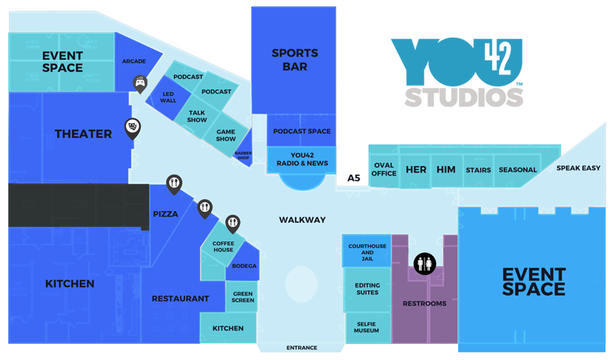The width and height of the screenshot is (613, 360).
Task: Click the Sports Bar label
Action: pyautogui.click(x=294, y=60)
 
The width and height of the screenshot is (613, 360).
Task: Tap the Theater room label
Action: pyautogui.click(x=83, y=134)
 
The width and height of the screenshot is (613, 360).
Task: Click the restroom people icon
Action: pyautogui.click(x=425, y=264)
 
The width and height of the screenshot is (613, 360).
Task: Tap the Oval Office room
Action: pyautogui.click(x=384, y=169)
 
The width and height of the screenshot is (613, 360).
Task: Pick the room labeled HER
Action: pyautogui.click(x=416, y=169)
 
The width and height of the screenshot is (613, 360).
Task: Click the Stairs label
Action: pyautogui.click(x=477, y=170)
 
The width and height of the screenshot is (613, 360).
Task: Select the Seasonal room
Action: pyautogui.click(x=517, y=170)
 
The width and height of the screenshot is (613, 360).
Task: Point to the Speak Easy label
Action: pyautogui.click(x=579, y=168)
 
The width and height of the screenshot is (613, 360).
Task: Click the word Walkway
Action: pyautogui.click(x=302, y=220)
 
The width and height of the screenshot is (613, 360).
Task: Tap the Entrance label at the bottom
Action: pyautogui.click(x=302, y=348)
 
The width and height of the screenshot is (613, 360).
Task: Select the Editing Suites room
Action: pyautogui.click(x=367, y=289)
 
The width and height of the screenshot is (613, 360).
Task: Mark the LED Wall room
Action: pyautogui.click(x=168, y=97)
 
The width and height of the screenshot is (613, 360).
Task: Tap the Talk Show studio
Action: pyautogui.click(x=197, y=116)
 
